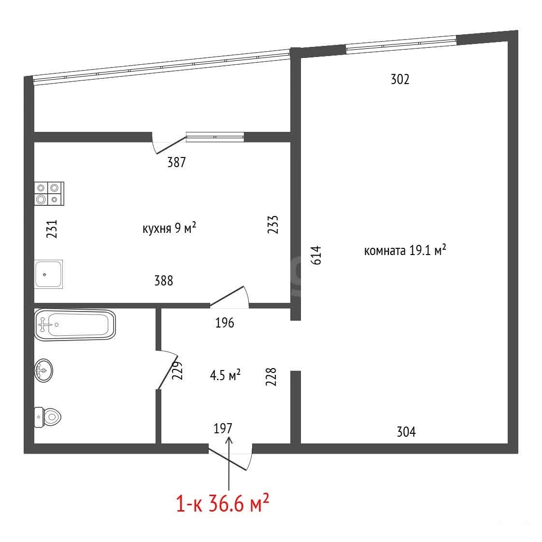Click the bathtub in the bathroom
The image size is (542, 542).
tap(75, 325)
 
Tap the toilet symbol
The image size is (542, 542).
tap(47, 417)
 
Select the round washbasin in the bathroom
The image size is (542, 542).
tap(43, 371)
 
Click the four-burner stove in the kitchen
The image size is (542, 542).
tap(49, 194)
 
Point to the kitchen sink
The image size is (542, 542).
tap(48, 274)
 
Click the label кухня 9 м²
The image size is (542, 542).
tap(170, 228)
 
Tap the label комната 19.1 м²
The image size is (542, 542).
tap(405, 250)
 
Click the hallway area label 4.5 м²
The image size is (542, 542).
tap(225, 375)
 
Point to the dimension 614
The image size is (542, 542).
tap(316, 255)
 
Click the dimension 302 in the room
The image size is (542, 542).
tap(400, 80)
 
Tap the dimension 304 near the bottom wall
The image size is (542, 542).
tap(406, 432)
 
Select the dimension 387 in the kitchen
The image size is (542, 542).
tap(177, 162)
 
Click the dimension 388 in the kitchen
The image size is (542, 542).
tap(164, 281)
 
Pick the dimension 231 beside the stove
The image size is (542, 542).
tap(52, 229)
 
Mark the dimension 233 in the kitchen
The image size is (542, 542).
tap(273, 225)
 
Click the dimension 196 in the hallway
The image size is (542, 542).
tap(225, 323)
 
